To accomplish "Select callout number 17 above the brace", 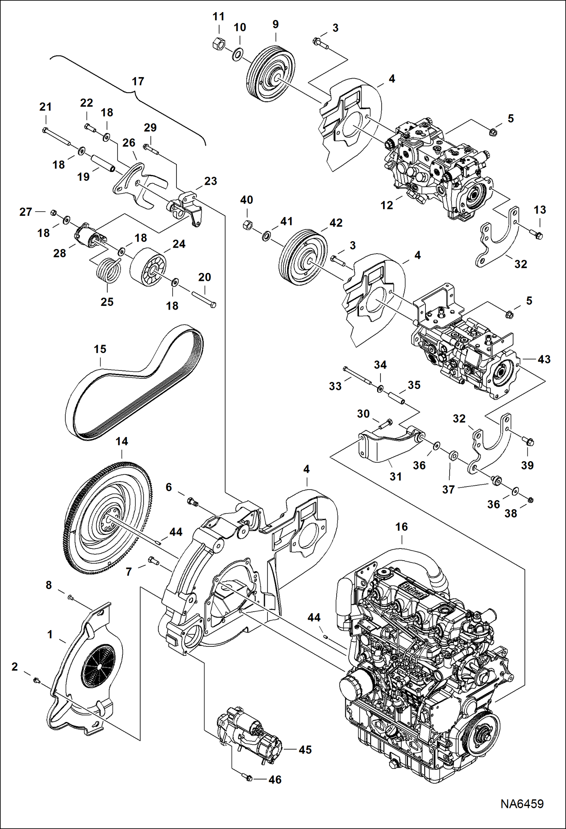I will pyautogui.click(x=138, y=81).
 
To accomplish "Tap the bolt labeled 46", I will pyautogui.click(x=249, y=778).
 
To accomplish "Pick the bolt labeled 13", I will pyautogui.click(x=537, y=234).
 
